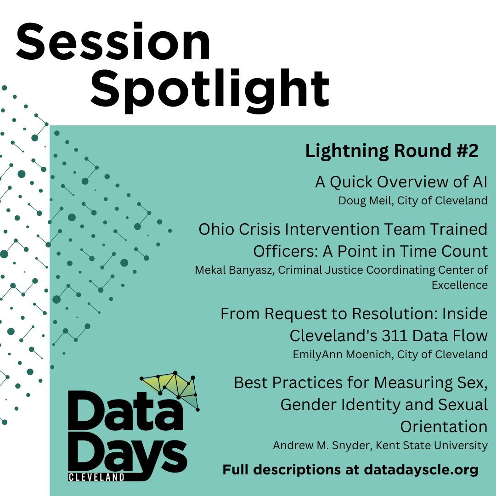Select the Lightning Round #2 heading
coord(392,151)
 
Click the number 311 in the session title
coord(392,336)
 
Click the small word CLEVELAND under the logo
coord(96,477)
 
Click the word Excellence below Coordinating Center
coord(459,285)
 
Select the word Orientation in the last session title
coord(444,427)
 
